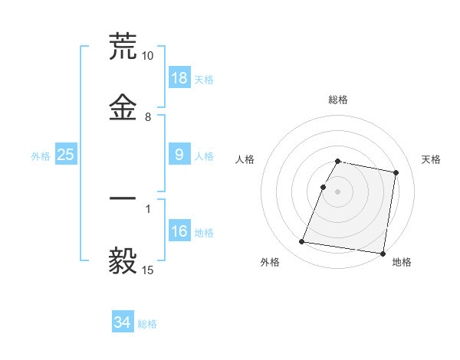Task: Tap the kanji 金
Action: (123, 107)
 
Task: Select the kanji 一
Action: (123, 199)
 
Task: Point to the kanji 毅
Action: (123, 260)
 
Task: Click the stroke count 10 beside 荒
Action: (147, 56)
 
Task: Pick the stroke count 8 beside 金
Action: (148, 117)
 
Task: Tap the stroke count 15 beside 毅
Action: (147, 270)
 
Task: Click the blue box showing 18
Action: (179, 77)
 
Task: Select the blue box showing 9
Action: (179, 155)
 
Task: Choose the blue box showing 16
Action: (179, 231)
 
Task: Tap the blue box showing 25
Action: (66, 155)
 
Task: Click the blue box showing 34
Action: (123, 322)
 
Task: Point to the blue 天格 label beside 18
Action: (204, 79)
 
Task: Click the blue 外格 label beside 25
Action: (41, 155)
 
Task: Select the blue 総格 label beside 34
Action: (147, 324)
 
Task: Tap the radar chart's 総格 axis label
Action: (337, 100)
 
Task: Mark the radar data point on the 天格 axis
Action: (396, 173)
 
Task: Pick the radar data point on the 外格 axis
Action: (302, 242)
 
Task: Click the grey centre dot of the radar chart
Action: (337, 191)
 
